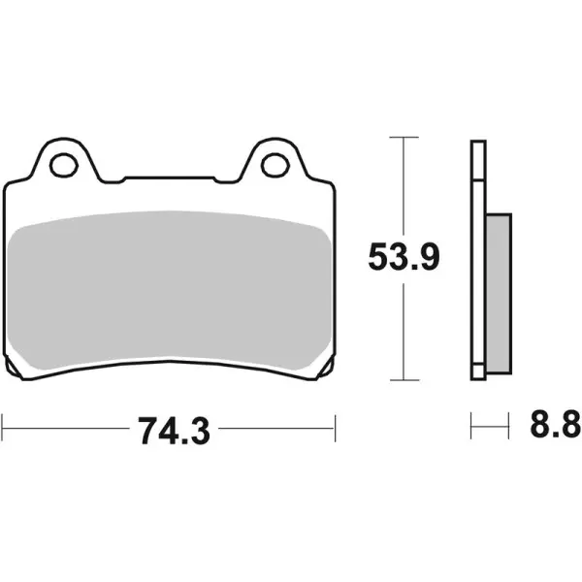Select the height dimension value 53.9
pos(404,257)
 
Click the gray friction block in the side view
pos(496,292)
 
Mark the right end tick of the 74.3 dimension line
pos(335,424)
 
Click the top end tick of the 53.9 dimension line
pos(404,139)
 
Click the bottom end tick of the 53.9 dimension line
pos(404,379)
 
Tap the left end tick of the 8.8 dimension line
pos(471,424)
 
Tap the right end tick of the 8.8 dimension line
pos(508,424)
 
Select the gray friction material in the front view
pos(171,291)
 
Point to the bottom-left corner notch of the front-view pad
pos(14,372)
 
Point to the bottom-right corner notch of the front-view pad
pos(327,372)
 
